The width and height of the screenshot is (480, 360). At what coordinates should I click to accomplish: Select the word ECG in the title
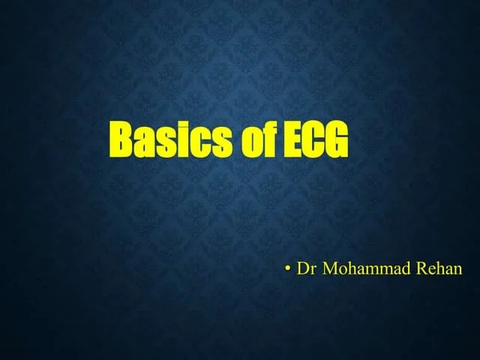316,141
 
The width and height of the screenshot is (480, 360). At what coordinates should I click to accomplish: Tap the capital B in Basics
123,141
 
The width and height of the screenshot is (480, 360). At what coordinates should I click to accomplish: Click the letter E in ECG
293,141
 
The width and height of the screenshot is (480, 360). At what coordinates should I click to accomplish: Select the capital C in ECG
314,141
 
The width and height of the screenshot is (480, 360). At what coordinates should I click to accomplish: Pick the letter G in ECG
337,141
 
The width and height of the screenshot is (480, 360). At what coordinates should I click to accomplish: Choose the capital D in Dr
301,268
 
